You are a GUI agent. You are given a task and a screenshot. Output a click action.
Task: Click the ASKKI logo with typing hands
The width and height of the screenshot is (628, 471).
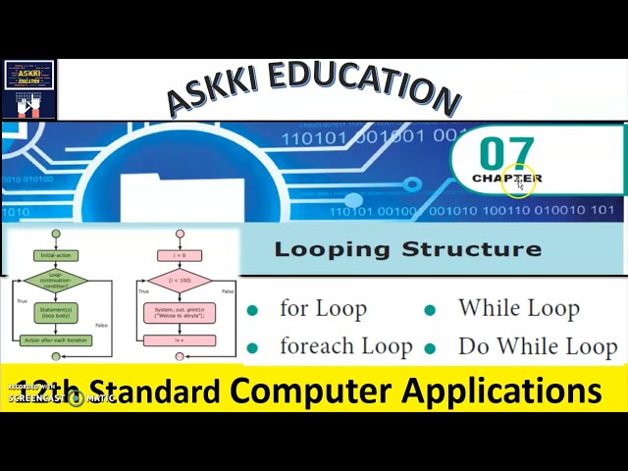(x=28, y=89)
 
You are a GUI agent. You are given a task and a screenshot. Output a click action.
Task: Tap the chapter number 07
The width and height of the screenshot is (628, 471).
(x=506, y=153)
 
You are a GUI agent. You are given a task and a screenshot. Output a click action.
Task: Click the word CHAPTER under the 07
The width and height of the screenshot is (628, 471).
(x=506, y=179)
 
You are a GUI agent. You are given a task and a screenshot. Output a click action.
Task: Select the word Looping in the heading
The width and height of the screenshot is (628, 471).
(x=330, y=248)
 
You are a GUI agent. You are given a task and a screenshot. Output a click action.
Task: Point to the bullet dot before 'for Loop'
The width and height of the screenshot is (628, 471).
(x=253, y=310)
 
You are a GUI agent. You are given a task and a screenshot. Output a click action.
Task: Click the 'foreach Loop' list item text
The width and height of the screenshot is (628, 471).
(x=345, y=346)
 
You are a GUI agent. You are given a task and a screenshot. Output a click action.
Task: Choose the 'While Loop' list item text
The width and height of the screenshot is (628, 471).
(x=518, y=308)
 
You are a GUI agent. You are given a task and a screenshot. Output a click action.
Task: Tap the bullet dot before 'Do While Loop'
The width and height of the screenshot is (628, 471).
(x=430, y=347)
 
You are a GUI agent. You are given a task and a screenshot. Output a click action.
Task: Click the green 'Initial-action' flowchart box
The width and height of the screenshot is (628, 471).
(x=55, y=255)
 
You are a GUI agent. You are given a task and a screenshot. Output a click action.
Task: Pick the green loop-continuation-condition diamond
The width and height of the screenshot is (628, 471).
(x=55, y=282)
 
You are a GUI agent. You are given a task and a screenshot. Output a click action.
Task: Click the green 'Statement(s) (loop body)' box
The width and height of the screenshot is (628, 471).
(x=55, y=314)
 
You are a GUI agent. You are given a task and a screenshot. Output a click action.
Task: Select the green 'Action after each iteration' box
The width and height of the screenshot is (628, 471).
(x=55, y=340)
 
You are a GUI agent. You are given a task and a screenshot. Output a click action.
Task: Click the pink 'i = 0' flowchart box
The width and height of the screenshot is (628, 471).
(x=179, y=255)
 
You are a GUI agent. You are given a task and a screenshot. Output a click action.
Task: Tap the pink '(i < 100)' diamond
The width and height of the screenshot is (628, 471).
(x=179, y=282)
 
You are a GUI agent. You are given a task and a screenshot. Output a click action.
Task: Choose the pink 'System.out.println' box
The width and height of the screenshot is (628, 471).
(x=179, y=313)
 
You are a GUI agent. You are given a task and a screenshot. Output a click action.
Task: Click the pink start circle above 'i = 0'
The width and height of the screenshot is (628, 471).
(x=179, y=235)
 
